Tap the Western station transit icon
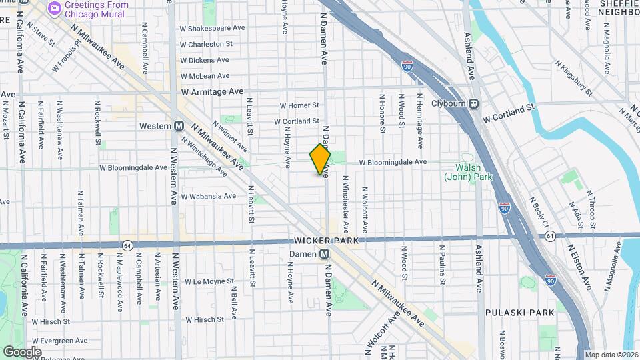(x=179, y=125)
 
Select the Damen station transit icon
(x=324, y=253)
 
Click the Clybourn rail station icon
(x=473, y=103)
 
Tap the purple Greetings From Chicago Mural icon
(x=54, y=9)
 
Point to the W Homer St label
(x=299, y=105)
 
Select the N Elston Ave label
(x=579, y=266)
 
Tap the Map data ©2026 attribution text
(x=611, y=355)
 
